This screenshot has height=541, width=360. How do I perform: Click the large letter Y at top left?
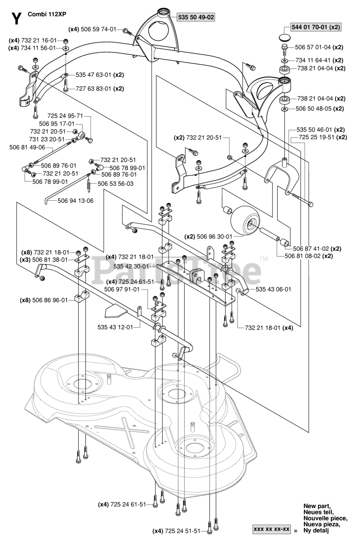click(16, 19)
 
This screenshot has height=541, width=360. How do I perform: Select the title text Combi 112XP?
click(47, 14)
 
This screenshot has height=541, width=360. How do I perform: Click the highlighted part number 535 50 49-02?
click(196, 17)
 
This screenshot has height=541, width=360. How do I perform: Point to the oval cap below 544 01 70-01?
click(285, 38)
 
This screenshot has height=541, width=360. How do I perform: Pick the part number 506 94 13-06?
click(75, 201)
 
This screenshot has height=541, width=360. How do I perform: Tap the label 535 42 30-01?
click(131, 266)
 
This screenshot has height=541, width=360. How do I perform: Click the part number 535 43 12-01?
click(115, 327)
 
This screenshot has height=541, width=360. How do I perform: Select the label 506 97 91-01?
click(122, 289)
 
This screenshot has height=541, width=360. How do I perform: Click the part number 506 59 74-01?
click(98, 30)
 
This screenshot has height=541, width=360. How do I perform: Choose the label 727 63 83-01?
click(93, 89)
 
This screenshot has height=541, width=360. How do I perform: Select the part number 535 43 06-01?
click(273, 289)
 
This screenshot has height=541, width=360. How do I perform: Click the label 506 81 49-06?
click(27, 148)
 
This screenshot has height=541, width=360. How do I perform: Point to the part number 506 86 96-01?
click(50, 300)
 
